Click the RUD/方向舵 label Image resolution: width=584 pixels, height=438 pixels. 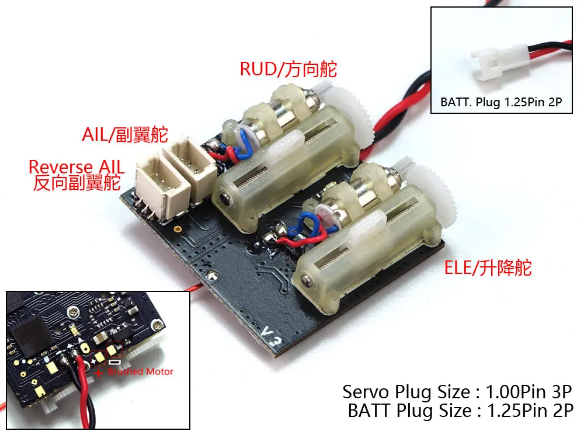288,69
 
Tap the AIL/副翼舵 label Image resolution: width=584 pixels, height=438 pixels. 124,135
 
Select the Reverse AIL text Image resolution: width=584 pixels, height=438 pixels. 77,168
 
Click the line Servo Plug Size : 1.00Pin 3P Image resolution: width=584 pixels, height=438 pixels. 456,391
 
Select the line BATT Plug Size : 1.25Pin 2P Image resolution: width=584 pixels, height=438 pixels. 461,411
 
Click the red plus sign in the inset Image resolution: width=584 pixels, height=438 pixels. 99,372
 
